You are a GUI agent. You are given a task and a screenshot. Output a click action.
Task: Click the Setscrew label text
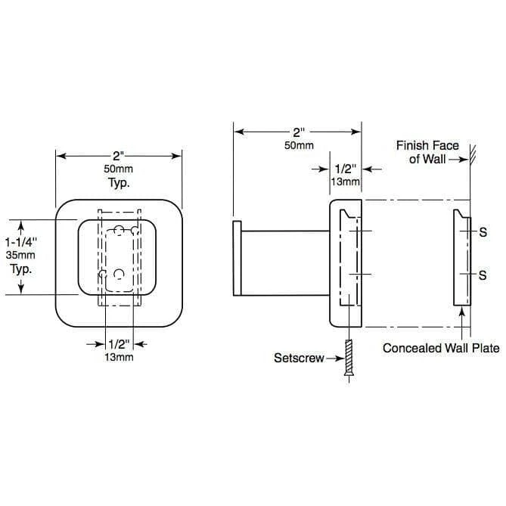pyautogui.click(x=299, y=358)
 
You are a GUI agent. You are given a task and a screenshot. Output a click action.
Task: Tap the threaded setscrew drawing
pyautogui.click(x=349, y=357)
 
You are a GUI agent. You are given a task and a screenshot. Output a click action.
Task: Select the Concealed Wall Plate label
pyautogui.click(x=441, y=348)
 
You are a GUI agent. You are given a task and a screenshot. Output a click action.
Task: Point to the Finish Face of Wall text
pyautogui.click(x=427, y=152)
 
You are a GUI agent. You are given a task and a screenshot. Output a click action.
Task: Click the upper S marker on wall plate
pyautogui.click(x=483, y=232)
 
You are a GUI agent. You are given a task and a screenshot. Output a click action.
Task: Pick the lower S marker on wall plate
pyautogui.click(x=483, y=275)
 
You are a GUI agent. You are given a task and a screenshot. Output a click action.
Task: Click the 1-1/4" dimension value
pyautogui.click(x=21, y=242)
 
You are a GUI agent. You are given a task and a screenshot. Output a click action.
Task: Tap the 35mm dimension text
pyautogui.click(x=20, y=255)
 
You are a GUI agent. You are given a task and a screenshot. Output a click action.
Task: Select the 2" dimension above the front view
pyautogui.click(x=119, y=157)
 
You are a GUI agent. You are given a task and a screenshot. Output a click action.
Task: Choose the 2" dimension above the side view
pyautogui.click(x=299, y=132)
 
